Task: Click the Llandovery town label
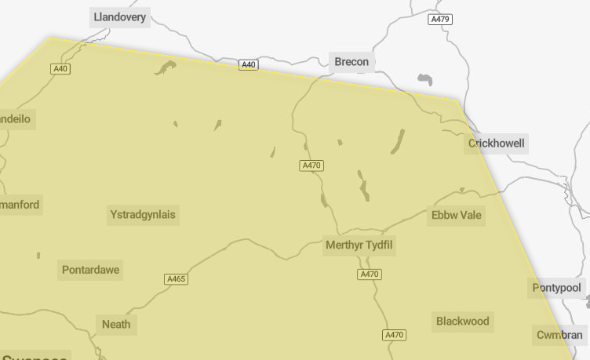click(x=119, y=17)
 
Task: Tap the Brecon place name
click(x=351, y=62)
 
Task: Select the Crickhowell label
click(x=497, y=144)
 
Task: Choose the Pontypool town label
click(x=557, y=288)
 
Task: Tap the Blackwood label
click(x=462, y=321)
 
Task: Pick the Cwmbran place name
click(x=559, y=335)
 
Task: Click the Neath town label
click(x=116, y=324)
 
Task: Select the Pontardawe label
click(x=91, y=271)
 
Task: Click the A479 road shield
click(x=440, y=19)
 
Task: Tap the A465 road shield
click(x=177, y=279)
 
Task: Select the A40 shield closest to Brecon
click(x=249, y=64)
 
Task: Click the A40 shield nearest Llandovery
click(x=60, y=69)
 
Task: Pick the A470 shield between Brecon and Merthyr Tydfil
click(x=312, y=165)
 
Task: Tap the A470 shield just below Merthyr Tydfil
click(x=369, y=275)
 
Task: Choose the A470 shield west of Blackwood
click(x=394, y=335)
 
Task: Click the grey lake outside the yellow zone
click(x=425, y=79)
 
